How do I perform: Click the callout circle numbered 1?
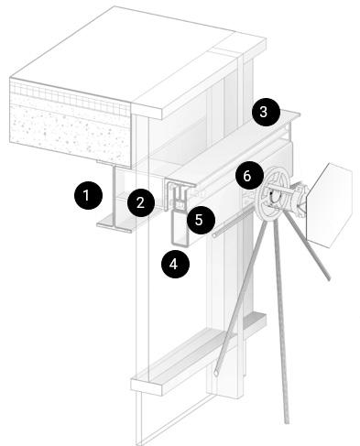coord(88,195)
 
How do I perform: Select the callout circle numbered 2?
coord(141,202)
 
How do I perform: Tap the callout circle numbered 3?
coord(266,112)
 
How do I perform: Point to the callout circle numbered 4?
coord(175,264)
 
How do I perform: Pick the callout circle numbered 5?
coord(201,220)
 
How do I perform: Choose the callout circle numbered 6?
coord(248,176)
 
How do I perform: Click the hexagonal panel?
coord(330,205)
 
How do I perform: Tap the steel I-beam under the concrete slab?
coord(115,199)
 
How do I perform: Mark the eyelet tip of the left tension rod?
coord(216,373)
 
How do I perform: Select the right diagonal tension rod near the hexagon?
coord(308,245)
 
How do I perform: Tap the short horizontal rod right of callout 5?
coord(233,221)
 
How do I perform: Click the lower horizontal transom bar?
coord(198,354)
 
